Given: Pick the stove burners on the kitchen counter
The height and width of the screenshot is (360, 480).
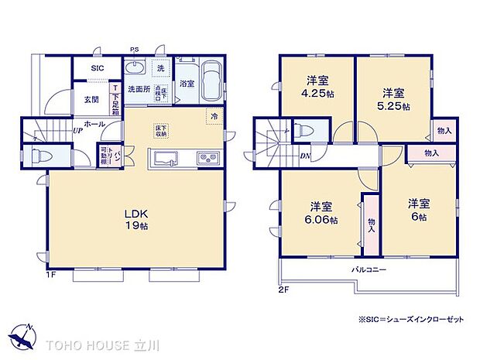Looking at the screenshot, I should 208,159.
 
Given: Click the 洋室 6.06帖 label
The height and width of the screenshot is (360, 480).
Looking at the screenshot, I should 323,214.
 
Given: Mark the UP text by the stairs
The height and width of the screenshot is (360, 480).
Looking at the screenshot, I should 78,130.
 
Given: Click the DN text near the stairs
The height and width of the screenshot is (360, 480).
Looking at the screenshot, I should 306,155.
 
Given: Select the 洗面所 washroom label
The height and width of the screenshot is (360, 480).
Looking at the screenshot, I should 139,88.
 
